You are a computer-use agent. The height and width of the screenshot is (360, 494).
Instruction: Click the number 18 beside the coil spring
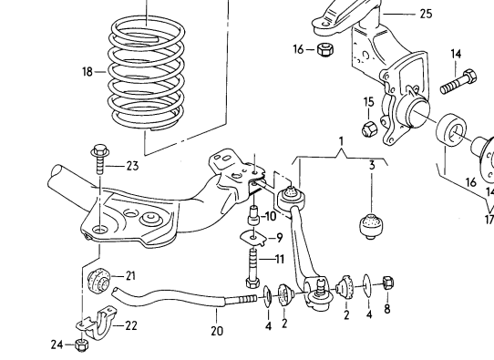[x=87, y=72]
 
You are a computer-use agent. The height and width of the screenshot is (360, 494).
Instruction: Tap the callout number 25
[x=426, y=14]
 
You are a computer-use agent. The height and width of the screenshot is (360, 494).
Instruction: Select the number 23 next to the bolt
[x=132, y=166]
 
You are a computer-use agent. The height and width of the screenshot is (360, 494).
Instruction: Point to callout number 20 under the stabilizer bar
[x=217, y=331]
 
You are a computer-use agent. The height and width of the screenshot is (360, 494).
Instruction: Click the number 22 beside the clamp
[x=131, y=325]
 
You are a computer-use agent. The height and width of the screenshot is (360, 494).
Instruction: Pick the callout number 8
[x=387, y=309]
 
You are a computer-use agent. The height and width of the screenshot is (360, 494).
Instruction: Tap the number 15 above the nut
[x=368, y=102]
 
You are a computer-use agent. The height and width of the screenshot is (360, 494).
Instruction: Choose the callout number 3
[x=372, y=165]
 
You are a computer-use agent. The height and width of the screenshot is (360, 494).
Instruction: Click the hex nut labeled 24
[x=82, y=345]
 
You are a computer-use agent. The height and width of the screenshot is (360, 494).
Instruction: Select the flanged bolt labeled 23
[x=100, y=159]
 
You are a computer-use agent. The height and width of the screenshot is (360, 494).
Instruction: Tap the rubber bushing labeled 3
[x=373, y=225]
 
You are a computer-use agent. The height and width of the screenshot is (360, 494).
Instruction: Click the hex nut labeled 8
[x=388, y=283]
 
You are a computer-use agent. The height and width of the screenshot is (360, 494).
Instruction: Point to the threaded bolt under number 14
[x=458, y=82]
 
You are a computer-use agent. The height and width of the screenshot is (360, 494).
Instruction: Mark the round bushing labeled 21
[x=98, y=280]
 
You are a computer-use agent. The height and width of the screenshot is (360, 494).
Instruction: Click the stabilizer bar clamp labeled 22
[x=96, y=323]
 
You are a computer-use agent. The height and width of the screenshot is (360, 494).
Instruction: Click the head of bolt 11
[x=252, y=283]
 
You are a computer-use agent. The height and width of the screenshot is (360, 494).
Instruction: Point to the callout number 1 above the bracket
[x=341, y=141]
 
